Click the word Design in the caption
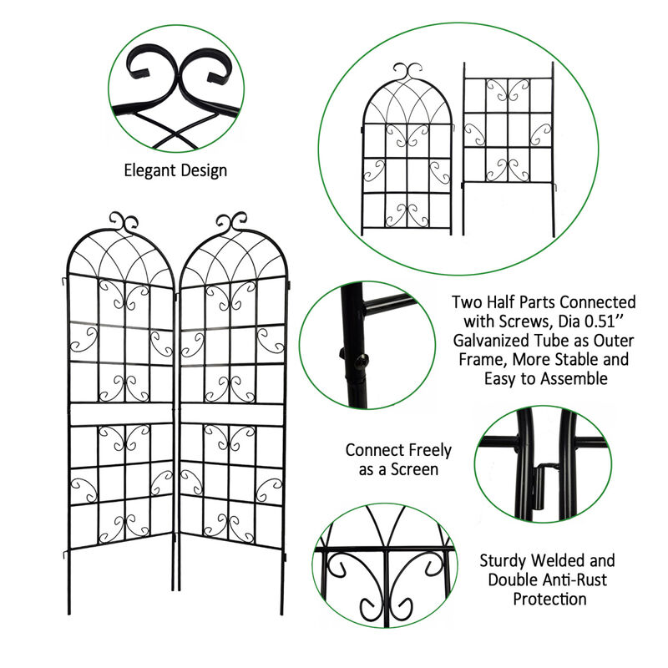[203, 170]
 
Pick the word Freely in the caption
[423, 451]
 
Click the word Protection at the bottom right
[549, 600]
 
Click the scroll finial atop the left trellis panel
[124, 222]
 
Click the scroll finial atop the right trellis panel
[231, 221]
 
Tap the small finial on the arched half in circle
[406, 70]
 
